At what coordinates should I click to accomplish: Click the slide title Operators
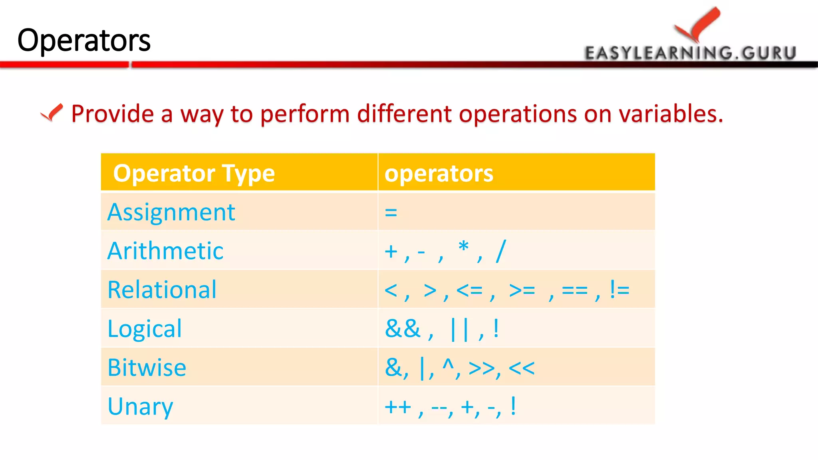pos(84,40)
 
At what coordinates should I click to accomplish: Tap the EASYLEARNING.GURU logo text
pos(691,53)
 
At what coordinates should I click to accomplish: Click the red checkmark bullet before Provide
pos(52,113)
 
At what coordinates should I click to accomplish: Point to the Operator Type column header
pos(194,173)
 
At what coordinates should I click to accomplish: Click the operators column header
pos(439,173)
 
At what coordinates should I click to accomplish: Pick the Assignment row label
pos(171,212)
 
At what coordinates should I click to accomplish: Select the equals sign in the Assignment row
pos(391,212)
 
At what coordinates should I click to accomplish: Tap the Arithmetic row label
pos(165,251)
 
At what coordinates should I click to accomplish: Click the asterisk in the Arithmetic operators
pos(463,246)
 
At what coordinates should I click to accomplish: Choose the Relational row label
pos(162,289)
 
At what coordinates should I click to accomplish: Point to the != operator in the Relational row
pos(619,289)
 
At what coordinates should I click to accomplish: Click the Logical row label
pos(145,329)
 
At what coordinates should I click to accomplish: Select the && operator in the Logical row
pos(403,329)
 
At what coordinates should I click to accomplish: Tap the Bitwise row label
pos(147,367)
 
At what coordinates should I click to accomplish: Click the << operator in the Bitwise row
pos(522,368)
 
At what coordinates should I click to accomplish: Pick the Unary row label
pos(140,406)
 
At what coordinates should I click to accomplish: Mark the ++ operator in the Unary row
pos(398,407)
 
